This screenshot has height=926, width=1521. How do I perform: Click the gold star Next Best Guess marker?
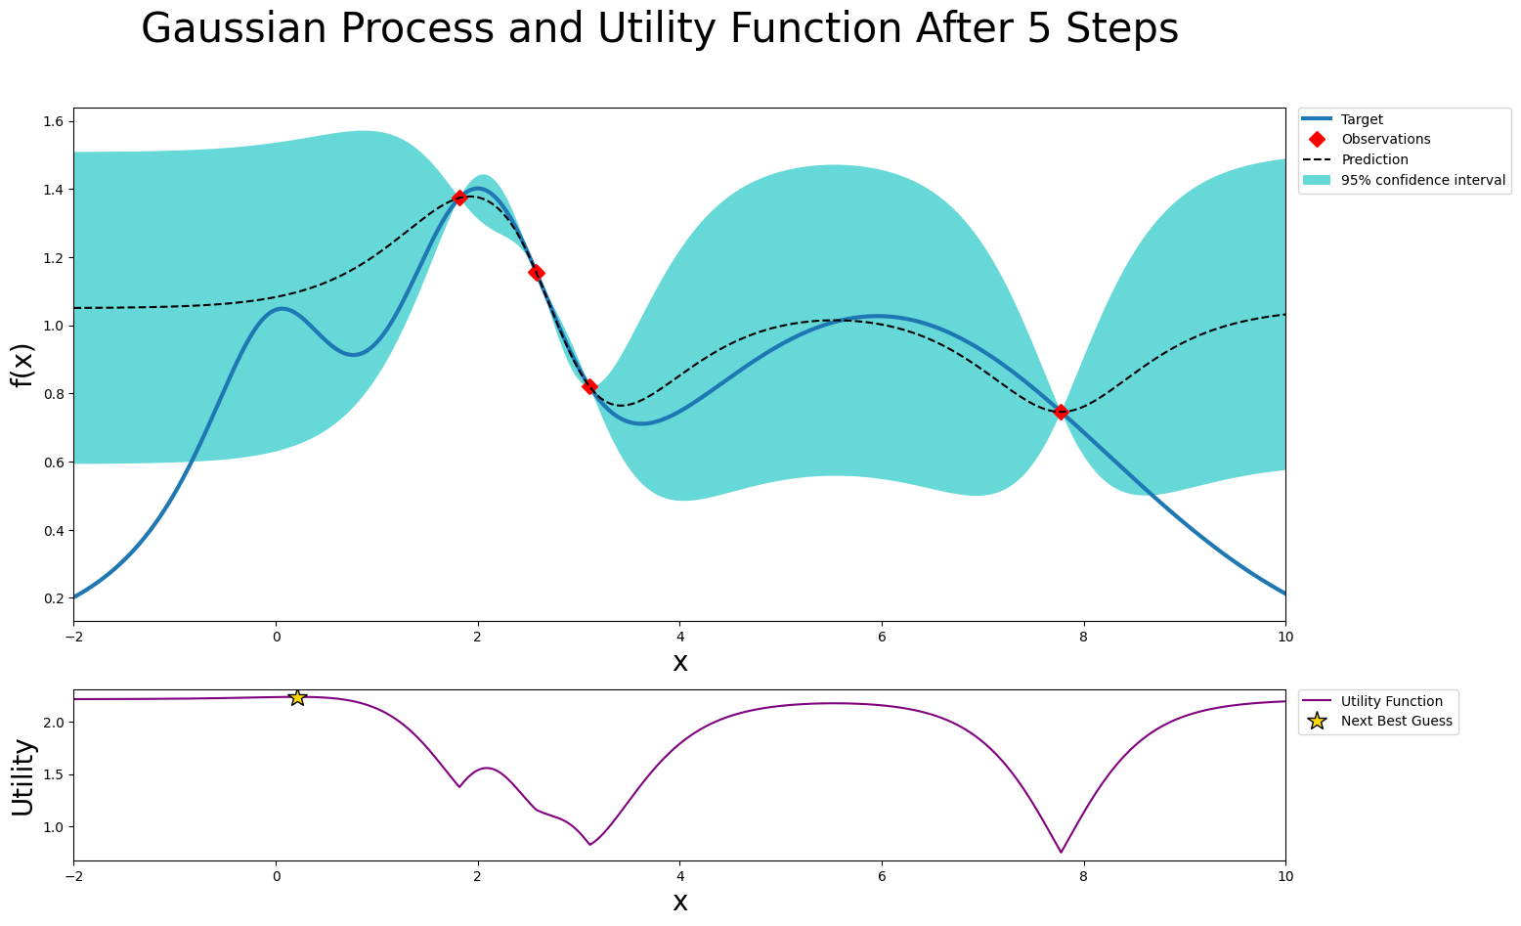(x=297, y=697)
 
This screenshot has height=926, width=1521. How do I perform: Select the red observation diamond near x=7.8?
(x=1061, y=412)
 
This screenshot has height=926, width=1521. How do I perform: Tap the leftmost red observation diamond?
(x=459, y=198)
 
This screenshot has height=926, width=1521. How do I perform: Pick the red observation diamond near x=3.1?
(x=589, y=386)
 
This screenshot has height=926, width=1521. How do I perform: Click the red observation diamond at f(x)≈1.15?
(x=537, y=273)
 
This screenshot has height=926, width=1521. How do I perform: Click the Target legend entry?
(x=1362, y=119)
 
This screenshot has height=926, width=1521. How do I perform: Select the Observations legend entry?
(x=1385, y=140)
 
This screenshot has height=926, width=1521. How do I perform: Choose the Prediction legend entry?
(x=1374, y=159)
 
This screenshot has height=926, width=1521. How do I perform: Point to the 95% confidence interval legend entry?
(x=1422, y=180)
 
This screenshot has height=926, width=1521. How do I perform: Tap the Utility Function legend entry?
(x=1391, y=701)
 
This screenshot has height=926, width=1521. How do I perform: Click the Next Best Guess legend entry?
(x=1396, y=722)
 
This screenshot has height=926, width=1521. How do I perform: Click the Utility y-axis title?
(x=22, y=776)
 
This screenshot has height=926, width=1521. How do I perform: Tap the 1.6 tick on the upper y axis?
(x=54, y=121)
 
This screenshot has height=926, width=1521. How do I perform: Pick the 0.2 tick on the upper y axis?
(x=54, y=598)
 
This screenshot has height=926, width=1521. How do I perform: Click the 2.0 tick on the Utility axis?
(x=54, y=723)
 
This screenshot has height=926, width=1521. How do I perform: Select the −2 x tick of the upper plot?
(x=73, y=636)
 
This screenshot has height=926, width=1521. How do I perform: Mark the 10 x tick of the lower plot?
(x=1284, y=876)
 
